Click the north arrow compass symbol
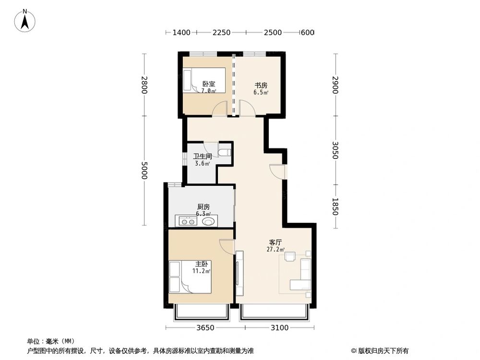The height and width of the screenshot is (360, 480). tap(25, 21)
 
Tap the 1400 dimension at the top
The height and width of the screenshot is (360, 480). tap(181, 32)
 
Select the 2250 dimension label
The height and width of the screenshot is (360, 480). tap(221, 32)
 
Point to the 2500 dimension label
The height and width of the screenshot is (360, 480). tap(273, 32)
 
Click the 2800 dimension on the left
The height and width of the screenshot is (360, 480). tap(144, 85)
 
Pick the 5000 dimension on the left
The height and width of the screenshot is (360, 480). tap(144, 170)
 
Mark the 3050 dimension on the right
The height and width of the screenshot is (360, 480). tap(335, 150)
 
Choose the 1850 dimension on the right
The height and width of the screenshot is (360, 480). tap(335, 206)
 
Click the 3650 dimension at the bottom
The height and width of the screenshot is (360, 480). tap(205, 328)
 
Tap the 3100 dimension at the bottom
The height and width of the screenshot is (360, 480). tap(279, 328)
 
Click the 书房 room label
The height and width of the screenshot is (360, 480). tap(261, 85)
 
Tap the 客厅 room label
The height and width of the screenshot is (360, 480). tap(275, 242)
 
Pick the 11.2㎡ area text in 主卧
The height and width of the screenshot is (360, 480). tap(201, 271)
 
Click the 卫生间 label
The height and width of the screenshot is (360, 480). tap(203, 156)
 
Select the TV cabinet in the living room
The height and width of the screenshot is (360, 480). tap(240, 273)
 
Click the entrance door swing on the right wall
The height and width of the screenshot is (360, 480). tap(277, 171)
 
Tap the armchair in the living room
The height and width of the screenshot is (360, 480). tap(290, 256)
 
